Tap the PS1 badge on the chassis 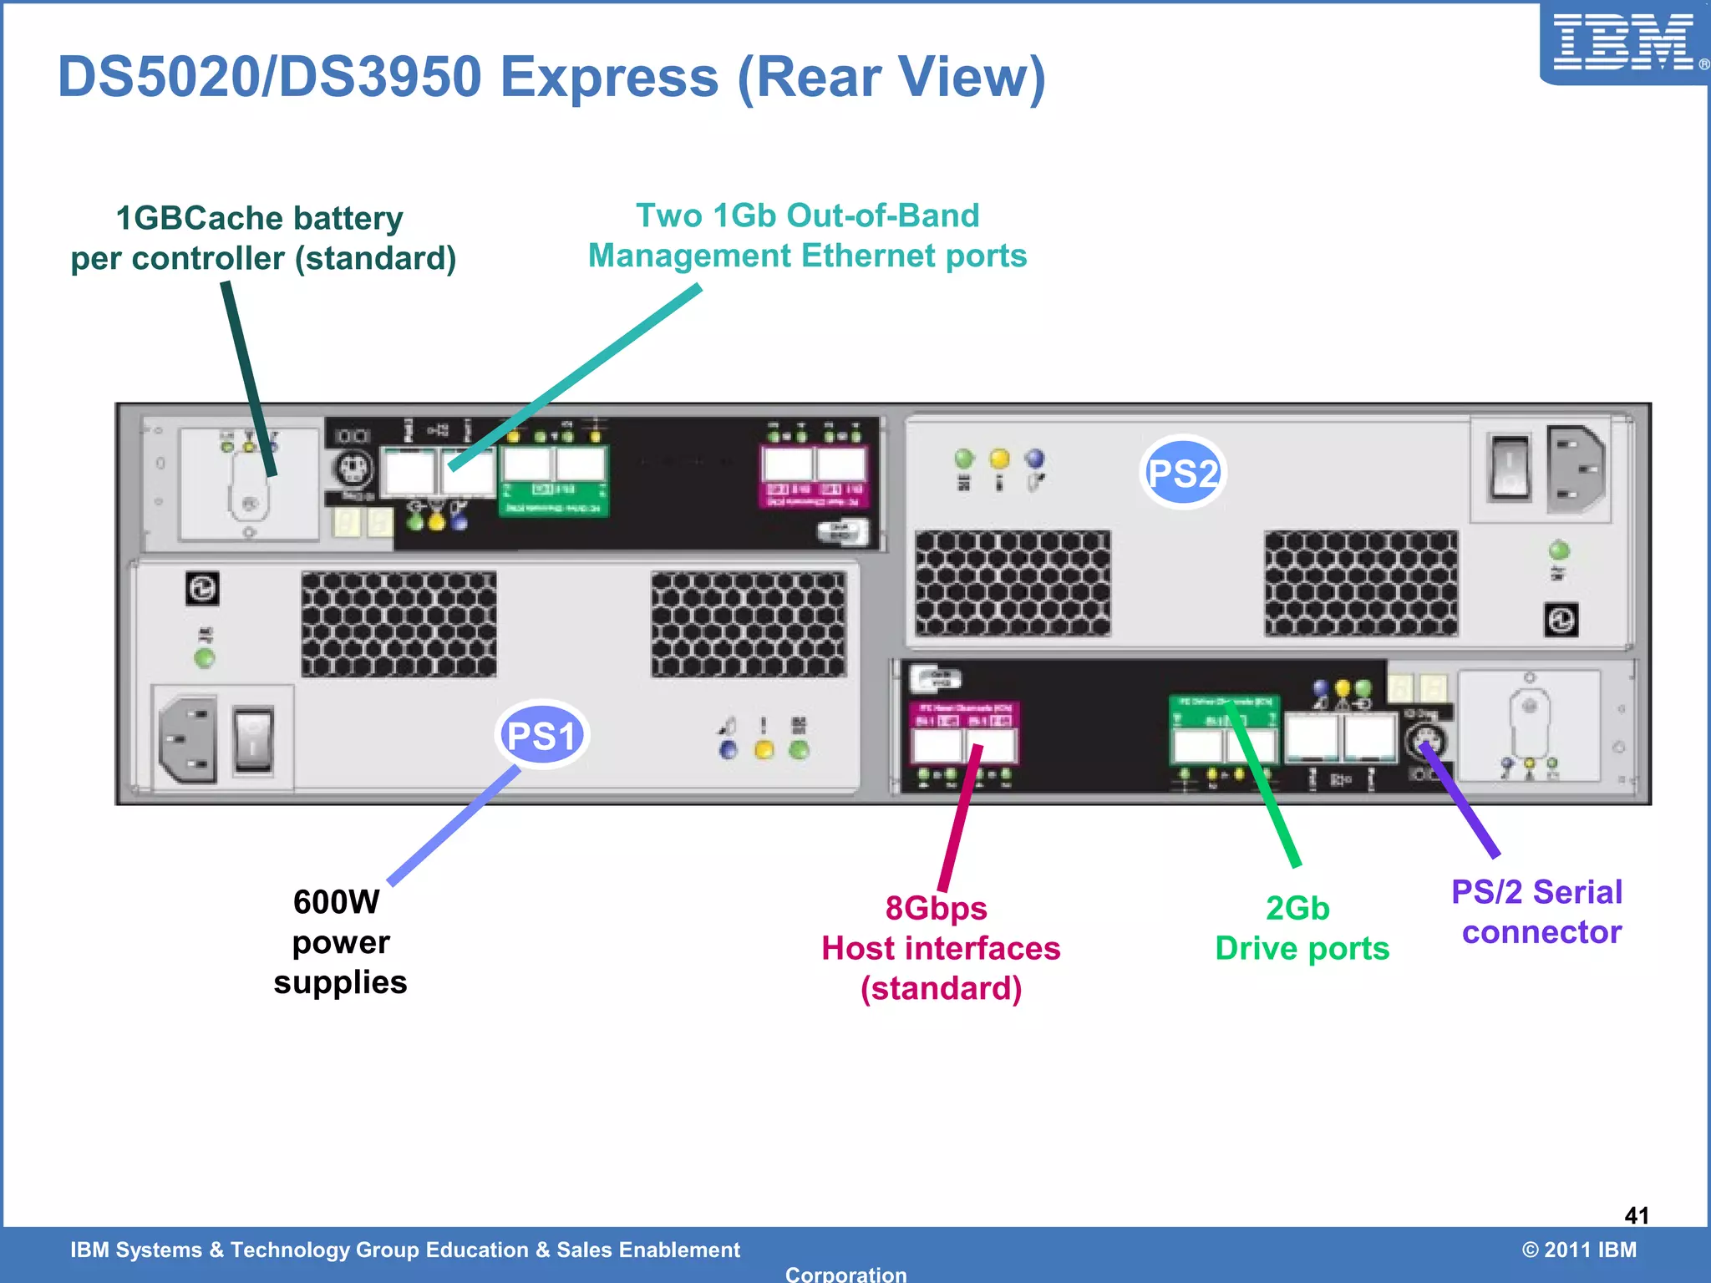(542, 735)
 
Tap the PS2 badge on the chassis (1182, 473)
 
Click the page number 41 (1636, 1215)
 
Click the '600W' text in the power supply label (336, 902)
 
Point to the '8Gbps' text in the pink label (936, 908)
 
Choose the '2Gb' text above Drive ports (1297, 908)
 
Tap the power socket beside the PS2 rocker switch (1576, 469)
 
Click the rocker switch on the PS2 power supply (1509, 468)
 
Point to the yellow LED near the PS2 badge (999, 459)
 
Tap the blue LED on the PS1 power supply (729, 749)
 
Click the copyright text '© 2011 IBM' (1578, 1250)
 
